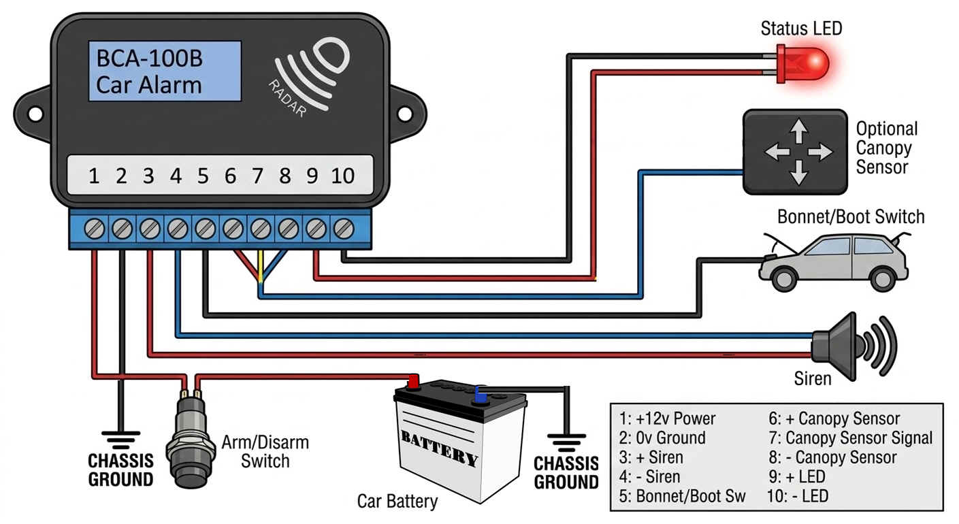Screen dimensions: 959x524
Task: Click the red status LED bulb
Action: click(x=803, y=64)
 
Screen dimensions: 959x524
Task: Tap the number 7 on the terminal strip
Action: click(x=257, y=176)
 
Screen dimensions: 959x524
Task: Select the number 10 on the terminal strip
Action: click(x=342, y=176)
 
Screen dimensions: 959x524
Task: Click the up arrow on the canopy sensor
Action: click(x=798, y=131)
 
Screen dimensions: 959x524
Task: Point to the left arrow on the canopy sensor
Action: click(x=777, y=152)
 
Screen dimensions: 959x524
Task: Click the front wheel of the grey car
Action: click(x=784, y=279)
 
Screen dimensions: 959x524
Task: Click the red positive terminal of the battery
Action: click(x=413, y=382)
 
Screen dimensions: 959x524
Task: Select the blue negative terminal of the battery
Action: click(x=481, y=395)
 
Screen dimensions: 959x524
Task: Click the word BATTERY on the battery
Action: click(x=440, y=448)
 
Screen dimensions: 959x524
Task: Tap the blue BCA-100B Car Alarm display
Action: click(x=165, y=71)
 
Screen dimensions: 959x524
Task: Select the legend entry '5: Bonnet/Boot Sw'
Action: click(x=682, y=495)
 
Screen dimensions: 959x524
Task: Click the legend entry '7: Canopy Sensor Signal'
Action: click(x=850, y=438)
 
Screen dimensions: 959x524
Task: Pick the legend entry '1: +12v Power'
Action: click(x=667, y=419)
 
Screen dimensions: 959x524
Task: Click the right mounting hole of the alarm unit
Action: click(x=405, y=114)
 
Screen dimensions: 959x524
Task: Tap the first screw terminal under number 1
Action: click(x=94, y=229)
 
